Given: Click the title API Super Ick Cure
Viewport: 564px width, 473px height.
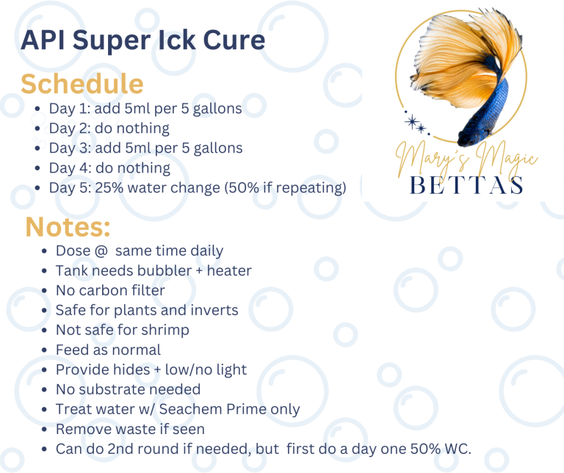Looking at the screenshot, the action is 143,40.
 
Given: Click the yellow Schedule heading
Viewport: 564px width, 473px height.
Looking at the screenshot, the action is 82,84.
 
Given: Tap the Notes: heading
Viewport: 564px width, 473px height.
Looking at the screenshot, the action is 68,227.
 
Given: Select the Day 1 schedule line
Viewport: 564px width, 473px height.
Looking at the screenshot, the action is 145,109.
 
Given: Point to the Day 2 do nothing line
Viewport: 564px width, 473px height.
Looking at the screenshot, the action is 109,129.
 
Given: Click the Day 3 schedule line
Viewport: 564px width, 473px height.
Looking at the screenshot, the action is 145,148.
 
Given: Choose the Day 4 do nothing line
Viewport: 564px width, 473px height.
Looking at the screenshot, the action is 109,168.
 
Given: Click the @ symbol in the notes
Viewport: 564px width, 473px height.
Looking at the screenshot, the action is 101,250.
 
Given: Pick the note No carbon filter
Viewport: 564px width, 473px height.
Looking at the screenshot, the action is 110,290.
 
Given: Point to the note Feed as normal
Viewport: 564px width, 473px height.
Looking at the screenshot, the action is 108,350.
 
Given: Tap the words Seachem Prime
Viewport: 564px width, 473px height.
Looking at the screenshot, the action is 209,409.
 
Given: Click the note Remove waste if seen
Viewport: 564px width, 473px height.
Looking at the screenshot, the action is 130,429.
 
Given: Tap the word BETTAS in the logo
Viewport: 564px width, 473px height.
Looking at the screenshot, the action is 466,186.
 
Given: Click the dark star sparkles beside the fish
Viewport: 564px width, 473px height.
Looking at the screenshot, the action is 416,123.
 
